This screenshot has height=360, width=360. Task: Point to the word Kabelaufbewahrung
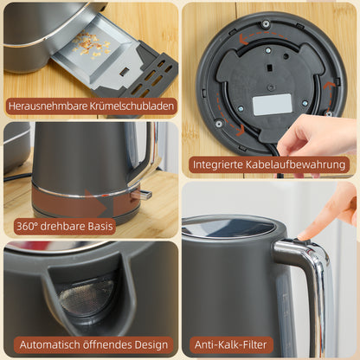tap(299, 164)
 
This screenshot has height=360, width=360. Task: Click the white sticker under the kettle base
tap(272, 105)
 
